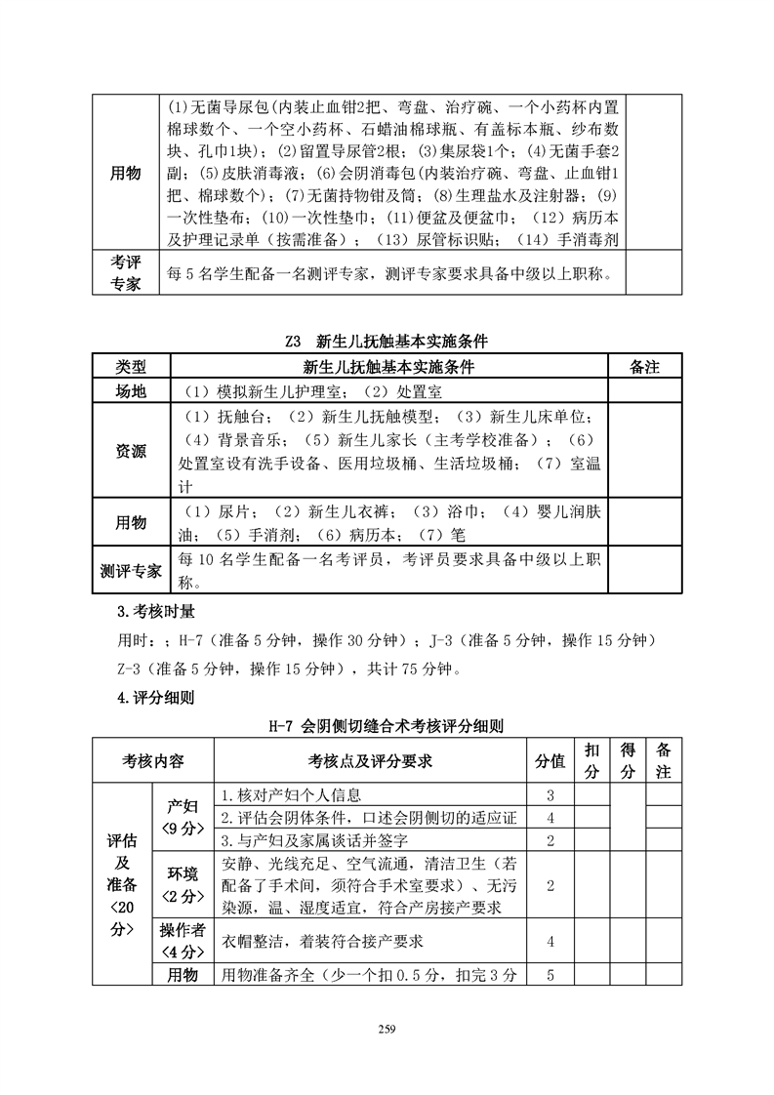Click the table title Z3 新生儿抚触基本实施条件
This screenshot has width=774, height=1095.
387,342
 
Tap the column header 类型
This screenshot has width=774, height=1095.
131,367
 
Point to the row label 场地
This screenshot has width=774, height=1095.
131,390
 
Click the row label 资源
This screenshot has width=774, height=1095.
131,451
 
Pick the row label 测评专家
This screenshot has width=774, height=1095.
131,571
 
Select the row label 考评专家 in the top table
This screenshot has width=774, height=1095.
126,272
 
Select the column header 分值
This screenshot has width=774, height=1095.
550,760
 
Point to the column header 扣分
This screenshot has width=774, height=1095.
591,760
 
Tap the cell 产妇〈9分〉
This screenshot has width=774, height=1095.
183,817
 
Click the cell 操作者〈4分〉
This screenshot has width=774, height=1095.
183,941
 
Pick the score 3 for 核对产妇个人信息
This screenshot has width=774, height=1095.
550,794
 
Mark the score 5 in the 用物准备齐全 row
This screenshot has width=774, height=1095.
550,975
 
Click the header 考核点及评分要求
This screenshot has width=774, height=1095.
370,760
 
